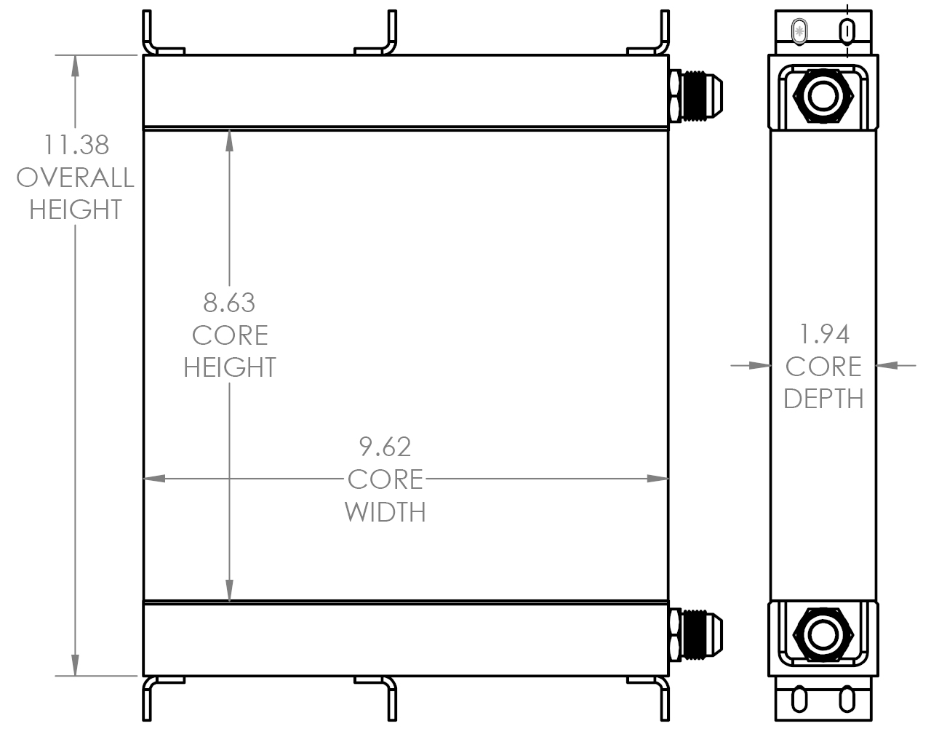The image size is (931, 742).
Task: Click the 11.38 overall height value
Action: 76,145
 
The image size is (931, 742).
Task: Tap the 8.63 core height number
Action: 229,302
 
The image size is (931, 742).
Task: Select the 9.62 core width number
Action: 385,446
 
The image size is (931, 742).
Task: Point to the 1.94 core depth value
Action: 823,334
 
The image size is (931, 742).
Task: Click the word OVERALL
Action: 76,177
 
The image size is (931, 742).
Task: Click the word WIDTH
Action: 385,511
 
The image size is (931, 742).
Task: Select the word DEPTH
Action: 823,399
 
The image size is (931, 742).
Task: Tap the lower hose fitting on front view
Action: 695,634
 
